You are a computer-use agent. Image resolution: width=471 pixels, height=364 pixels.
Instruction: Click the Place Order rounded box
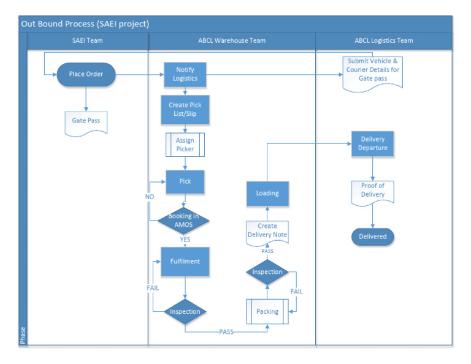(86, 75)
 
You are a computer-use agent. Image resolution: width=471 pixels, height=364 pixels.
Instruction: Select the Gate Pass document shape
(86, 121)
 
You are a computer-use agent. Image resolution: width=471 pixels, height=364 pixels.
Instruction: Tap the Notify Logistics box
(185, 75)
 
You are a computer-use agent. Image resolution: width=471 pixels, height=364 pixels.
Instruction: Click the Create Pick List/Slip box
(185, 109)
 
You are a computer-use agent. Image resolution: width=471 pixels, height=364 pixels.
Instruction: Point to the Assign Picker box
(185, 145)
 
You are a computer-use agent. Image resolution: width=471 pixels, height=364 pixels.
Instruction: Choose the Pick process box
(185, 182)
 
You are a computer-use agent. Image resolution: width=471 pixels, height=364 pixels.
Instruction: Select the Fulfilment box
(185, 262)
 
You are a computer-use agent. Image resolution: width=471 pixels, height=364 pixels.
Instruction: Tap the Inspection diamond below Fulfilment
(185, 311)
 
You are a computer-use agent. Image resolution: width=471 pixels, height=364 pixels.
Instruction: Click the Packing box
(267, 311)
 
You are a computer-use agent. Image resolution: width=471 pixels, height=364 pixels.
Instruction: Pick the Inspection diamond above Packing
(267, 271)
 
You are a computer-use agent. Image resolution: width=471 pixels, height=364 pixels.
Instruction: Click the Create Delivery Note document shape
(267, 231)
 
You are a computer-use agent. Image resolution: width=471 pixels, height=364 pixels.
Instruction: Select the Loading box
(267, 193)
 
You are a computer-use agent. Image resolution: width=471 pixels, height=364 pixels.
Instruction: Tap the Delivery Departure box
(373, 143)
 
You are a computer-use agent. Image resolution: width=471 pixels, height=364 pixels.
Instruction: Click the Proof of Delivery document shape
(373, 191)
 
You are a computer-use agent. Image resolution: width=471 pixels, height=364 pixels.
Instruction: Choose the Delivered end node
(373, 236)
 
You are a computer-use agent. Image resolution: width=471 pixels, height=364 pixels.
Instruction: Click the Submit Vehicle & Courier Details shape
(373, 70)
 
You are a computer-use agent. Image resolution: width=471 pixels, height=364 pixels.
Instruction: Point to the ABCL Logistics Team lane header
(384, 41)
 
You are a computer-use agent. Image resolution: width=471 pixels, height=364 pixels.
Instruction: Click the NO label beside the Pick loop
(149, 197)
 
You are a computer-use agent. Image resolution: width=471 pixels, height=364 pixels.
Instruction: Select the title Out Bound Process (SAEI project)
(85, 24)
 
